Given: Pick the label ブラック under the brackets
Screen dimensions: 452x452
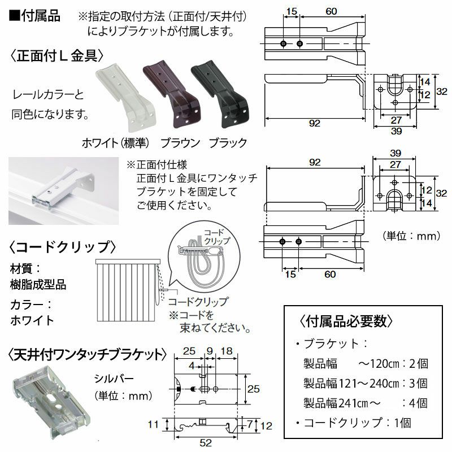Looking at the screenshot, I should (228, 142).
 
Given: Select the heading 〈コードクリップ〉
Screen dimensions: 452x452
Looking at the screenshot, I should (63, 247).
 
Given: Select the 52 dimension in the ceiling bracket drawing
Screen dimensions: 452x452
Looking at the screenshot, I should (206, 443).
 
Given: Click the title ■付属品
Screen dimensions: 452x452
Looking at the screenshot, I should (34, 16).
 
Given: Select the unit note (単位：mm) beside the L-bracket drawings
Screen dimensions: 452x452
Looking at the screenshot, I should (403, 236).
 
